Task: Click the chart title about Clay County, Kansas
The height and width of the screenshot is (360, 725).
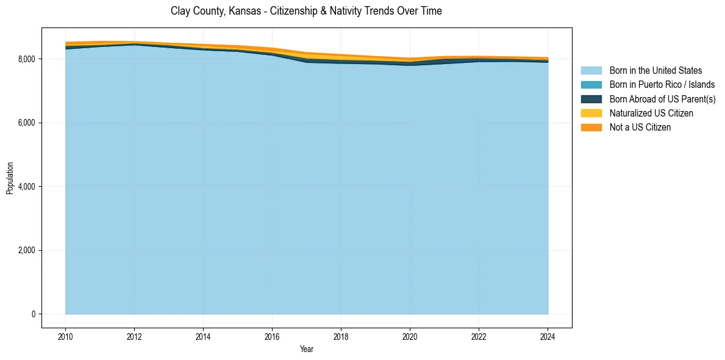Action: tap(306, 11)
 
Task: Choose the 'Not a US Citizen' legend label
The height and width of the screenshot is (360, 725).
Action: tap(640, 128)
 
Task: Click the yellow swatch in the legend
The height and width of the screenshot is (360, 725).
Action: tap(591, 113)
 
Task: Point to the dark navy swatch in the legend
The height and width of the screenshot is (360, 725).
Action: tap(591, 99)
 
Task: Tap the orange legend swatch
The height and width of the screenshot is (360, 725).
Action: tap(591, 128)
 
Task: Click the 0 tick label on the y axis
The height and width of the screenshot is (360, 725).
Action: tap(33, 314)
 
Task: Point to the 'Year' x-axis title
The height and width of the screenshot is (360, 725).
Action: tap(307, 350)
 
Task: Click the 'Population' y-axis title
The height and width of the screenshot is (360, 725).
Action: tap(10, 178)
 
